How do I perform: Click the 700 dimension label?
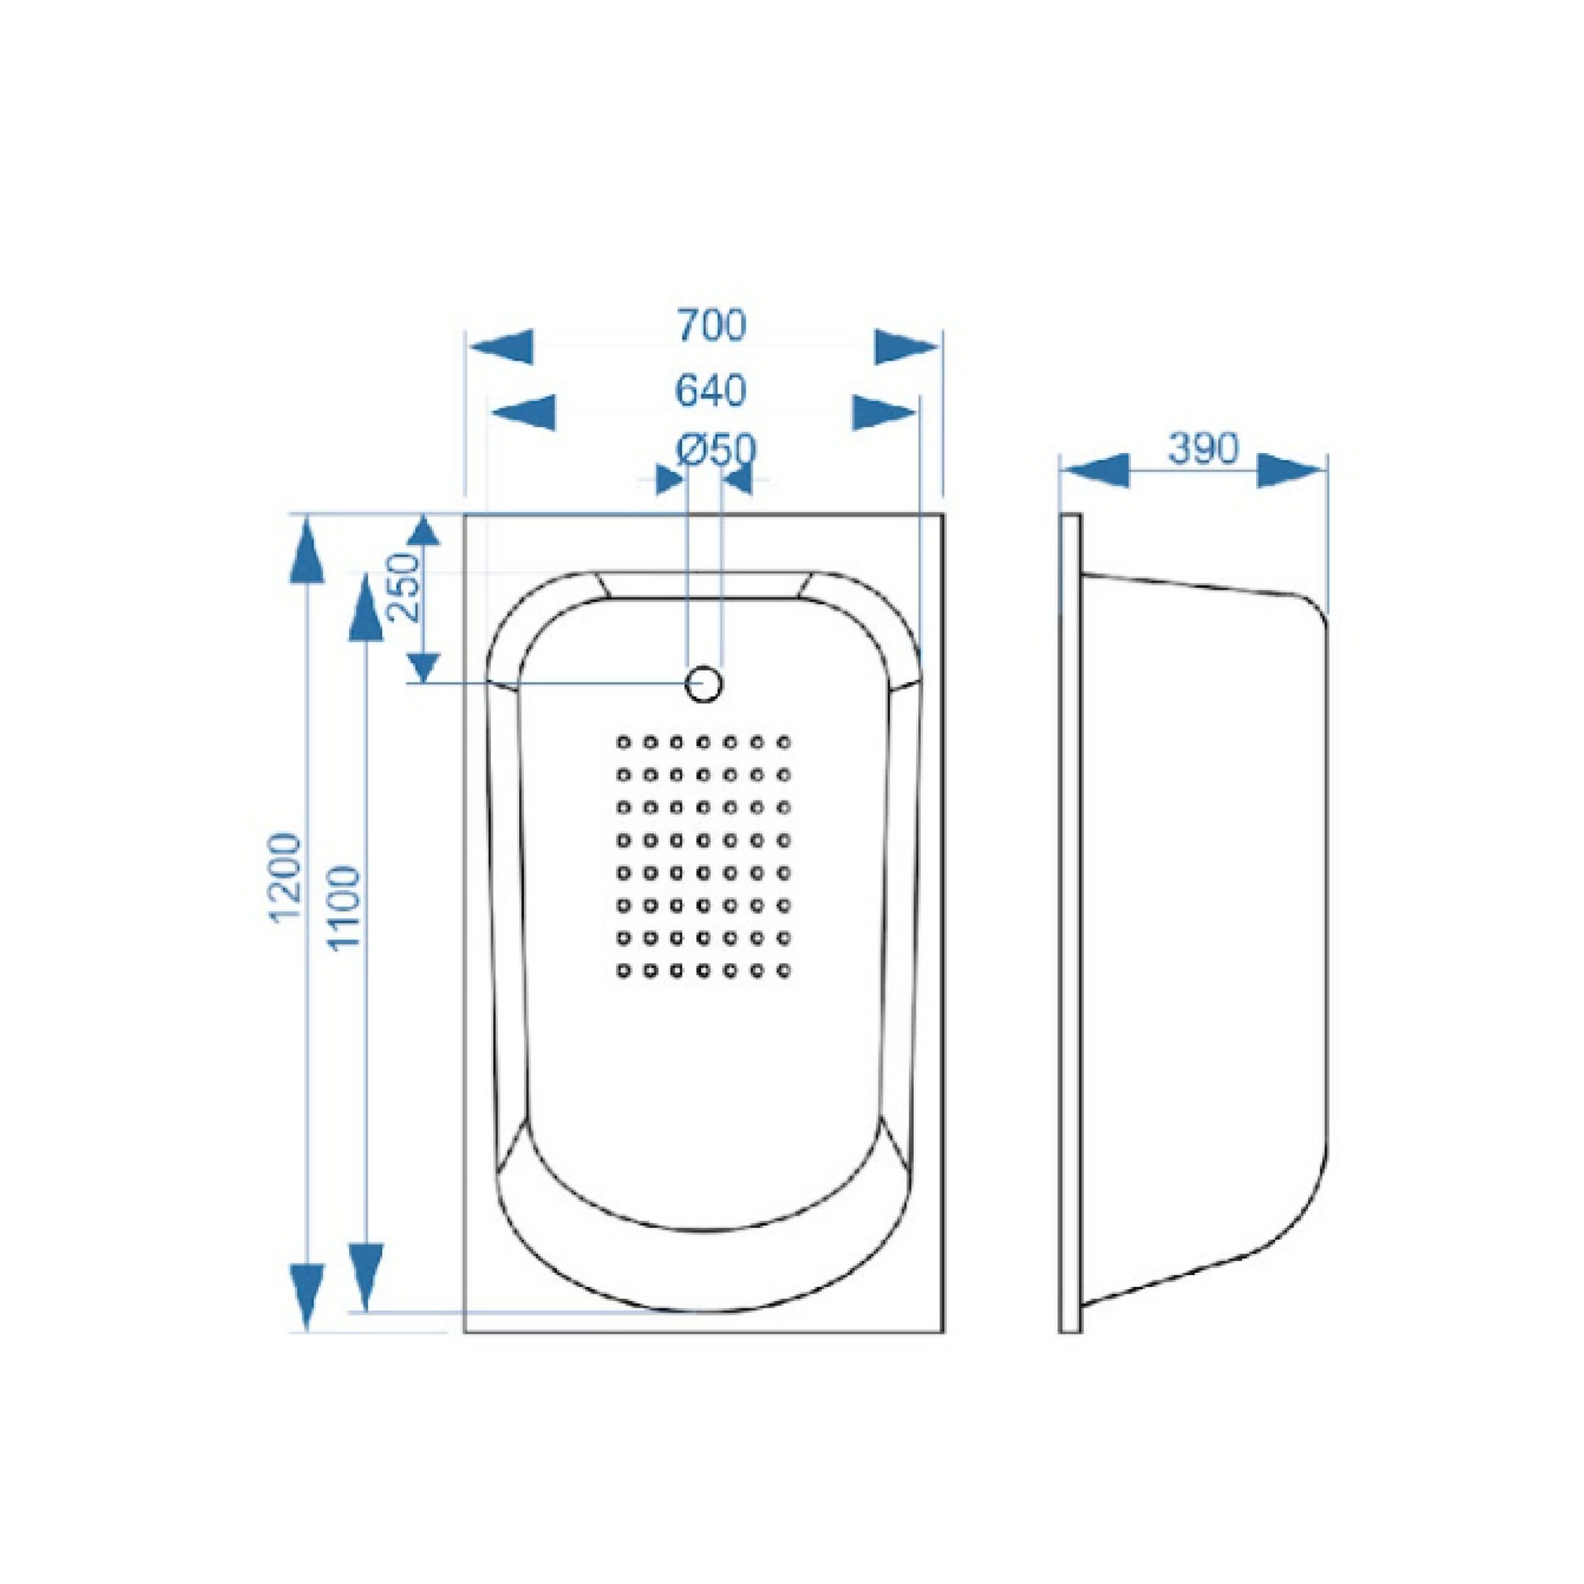click(712, 325)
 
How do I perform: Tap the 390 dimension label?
click(1203, 449)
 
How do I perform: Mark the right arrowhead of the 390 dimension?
click(1291, 470)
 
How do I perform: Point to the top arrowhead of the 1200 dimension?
click(307, 551)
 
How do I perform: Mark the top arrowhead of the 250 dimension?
click(423, 532)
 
